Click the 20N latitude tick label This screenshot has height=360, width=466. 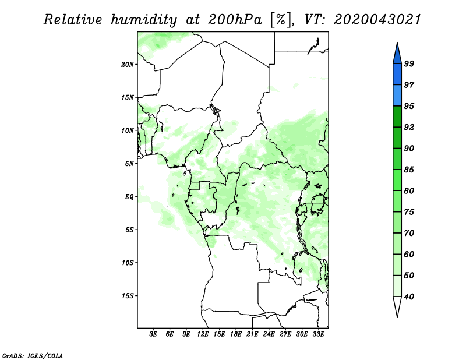tap(128, 65)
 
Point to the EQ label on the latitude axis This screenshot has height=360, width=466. tap(129, 197)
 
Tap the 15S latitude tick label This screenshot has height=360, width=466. tap(128, 296)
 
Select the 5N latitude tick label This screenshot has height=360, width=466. tap(129, 164)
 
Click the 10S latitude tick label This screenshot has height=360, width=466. tap(128, 263)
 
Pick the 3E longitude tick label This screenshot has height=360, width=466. tap(153, 334)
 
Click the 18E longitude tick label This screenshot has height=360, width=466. tap(236, 334)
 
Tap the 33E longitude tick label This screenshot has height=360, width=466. tap(318, 334)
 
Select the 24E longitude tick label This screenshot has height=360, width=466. tap(269, 334)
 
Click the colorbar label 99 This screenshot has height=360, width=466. tap(409, 63)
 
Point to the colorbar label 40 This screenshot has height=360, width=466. tap(409, 297)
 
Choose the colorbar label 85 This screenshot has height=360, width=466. tap(409, 170)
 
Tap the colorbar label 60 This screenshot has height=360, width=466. tap(409, 254)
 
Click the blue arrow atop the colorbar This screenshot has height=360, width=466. tap(397, 55)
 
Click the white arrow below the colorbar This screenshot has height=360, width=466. tap(397, 306)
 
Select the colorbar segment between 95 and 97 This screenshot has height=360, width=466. tap(397, 96)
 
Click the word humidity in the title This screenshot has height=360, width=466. tap(144, 20)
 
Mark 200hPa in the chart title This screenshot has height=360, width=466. tap(235, 20)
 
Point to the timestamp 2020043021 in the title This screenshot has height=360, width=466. tap(377, 20)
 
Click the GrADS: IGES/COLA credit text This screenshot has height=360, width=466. tap(33, 356)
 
